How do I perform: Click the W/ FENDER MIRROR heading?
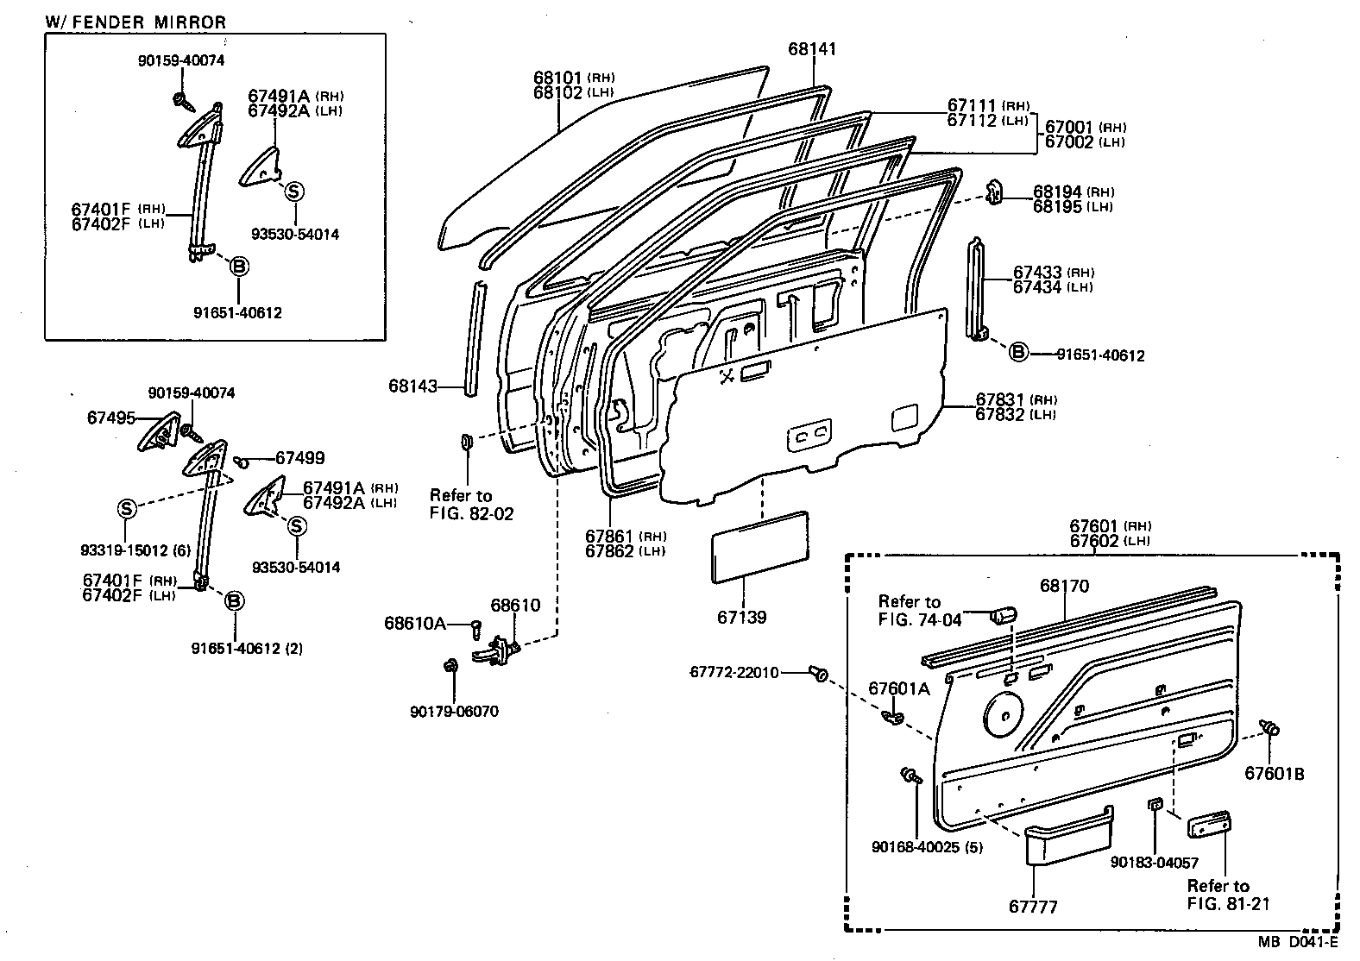pos(135,22)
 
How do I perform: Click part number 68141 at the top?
pos(812,49)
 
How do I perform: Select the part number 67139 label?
pos(740,618)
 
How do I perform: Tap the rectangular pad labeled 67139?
pos(759,550)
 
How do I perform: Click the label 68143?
pos(413,386)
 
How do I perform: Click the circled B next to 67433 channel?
pos(1018,352)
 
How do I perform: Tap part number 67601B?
pos(1274,774)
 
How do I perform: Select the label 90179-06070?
pos(454,712)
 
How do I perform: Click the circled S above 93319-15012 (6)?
pos(127,509)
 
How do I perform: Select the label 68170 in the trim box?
pos(1064,587)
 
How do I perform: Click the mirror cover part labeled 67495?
pos(158,433)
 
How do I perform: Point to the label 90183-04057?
pos(1154,862)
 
